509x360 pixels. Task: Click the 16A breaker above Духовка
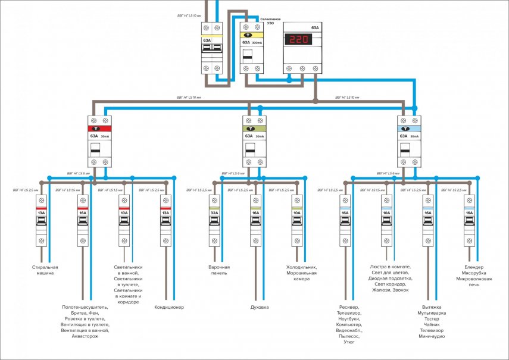point(255,220)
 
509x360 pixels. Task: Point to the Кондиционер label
point(169,308)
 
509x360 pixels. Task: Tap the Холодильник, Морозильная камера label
point(302,273)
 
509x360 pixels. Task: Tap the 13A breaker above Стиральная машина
point(41,220)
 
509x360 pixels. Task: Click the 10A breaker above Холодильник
point(296,220)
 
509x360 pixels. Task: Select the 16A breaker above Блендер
point(469,220)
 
